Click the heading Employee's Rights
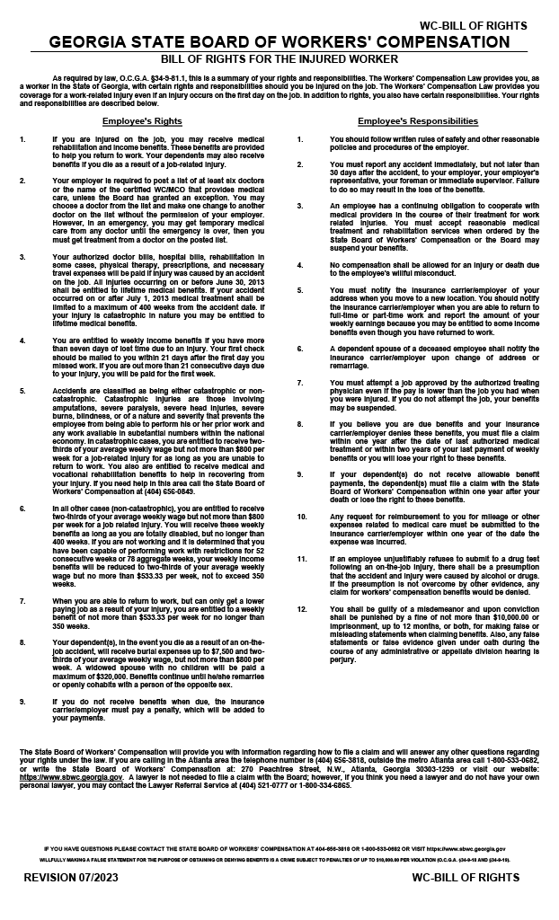[142, 120]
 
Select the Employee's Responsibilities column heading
[417, 120]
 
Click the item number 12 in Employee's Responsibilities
[302, 610]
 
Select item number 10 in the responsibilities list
[302, 517]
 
